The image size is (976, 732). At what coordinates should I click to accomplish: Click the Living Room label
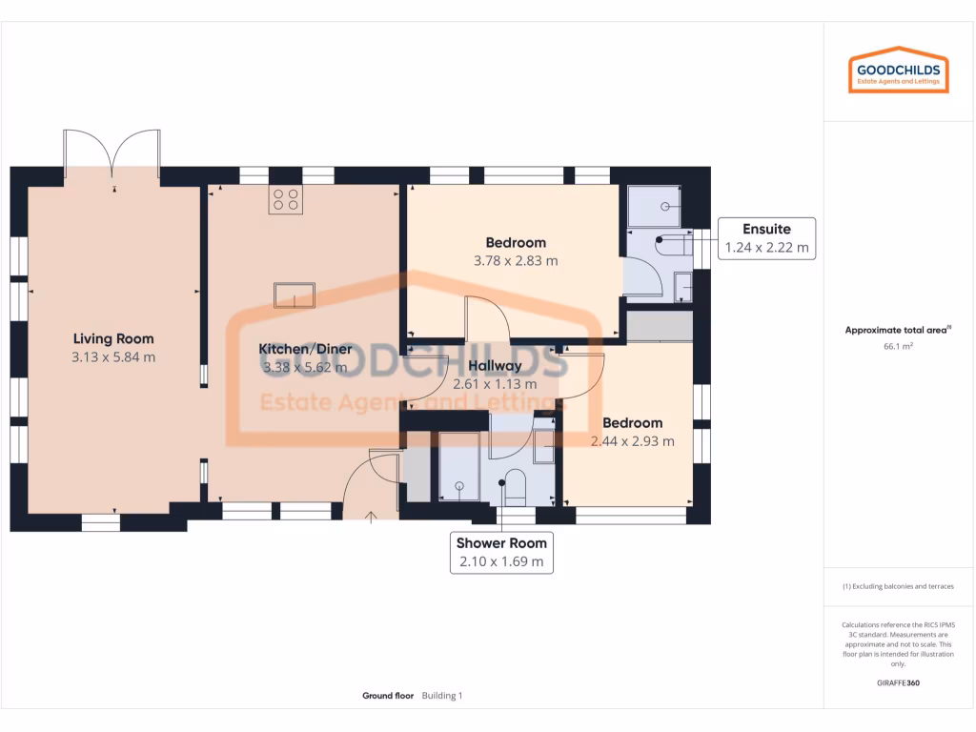[x=113, y=338]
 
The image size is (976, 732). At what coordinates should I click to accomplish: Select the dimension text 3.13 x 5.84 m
[x=113, y=357]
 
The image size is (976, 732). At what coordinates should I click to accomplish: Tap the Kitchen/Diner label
[x=306, y=349]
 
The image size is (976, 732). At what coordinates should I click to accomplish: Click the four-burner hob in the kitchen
[x=285, y=199]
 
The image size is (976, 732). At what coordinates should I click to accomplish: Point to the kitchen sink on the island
[x=295, y=295]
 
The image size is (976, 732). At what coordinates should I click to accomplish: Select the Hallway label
[x=494, y=365]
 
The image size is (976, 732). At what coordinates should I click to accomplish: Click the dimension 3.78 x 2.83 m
[x=516, y=260]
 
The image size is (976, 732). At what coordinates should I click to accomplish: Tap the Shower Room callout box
[x=501, y=552]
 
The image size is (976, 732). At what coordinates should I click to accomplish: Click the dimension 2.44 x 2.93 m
[x=632, y=441]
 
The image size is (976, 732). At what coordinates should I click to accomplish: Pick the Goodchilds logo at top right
[x=899, y=71]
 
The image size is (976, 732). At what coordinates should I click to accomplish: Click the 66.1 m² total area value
[x=898, y=347]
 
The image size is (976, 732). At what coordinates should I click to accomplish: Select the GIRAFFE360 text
[x=898, y=682]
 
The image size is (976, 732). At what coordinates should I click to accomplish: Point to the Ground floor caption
[x=388, y=696]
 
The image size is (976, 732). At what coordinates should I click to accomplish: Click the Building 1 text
[x=442, y=696]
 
